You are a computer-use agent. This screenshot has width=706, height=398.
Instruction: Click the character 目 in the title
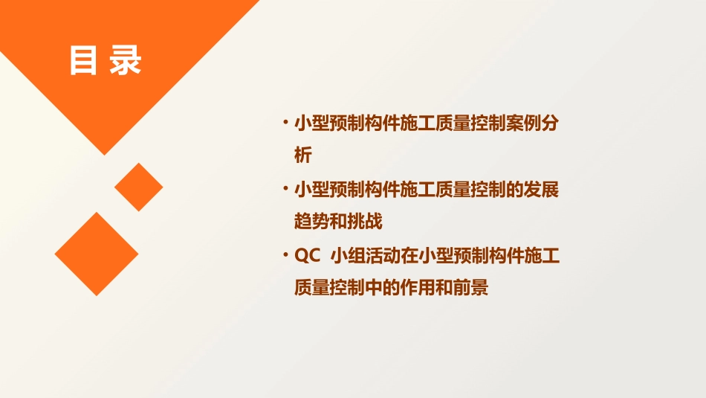84,61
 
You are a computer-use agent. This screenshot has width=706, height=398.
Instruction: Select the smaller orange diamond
138,187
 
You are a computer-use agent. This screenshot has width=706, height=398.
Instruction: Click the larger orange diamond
97,254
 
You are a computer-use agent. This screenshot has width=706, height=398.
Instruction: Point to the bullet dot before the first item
285,123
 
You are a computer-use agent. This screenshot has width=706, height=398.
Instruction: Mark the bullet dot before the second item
285,189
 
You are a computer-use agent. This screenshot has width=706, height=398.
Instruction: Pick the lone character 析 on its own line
303,155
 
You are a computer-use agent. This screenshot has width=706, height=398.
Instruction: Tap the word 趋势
312,222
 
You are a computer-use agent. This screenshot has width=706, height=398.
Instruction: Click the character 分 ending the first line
549,123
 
